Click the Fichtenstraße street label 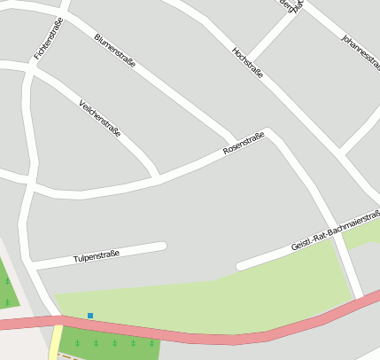(48, 39)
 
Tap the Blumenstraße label (114, 51)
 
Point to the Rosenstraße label (244, 144)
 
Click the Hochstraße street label (247, 61)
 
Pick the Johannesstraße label (360, 52)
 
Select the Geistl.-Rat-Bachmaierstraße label (335, 230)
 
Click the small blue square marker (90, 315)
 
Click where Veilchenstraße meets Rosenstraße (158, 178)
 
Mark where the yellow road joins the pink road (58, 322)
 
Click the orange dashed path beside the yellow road (62, 356)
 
